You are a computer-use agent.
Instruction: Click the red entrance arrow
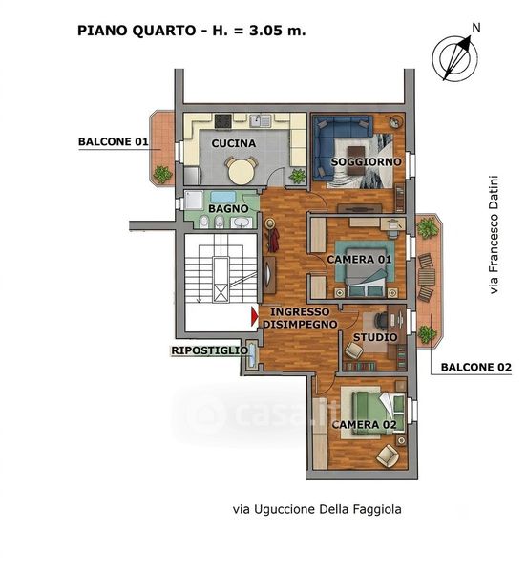tap(254, 316)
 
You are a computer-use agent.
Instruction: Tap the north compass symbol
tap(454, 57)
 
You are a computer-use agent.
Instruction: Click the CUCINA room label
tap(234, 143)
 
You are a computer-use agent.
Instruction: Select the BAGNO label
tap(228, 208)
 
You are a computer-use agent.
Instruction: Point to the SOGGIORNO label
tap(366, 162)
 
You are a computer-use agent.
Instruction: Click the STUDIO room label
tap(375, 337)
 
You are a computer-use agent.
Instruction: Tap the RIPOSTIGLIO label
tap(210, 350)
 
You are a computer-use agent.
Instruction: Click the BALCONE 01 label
tap(114, 141)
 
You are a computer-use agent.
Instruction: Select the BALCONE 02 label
tap(476, 368)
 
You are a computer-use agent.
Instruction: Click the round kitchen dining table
tap(241, 171)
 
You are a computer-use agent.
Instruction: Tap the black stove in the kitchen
tap(222, 121)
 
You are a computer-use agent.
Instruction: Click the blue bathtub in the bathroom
tap(222, 197)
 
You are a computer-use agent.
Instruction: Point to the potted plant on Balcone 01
tap(162, 175)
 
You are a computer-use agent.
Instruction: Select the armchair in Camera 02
tap(388, 456)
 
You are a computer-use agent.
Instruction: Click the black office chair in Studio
tap(381, 321)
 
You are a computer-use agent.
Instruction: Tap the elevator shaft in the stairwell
tap(221, 279)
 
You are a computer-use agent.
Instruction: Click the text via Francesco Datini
tap(494, 235)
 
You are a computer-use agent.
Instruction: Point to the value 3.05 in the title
tap(265, 31)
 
